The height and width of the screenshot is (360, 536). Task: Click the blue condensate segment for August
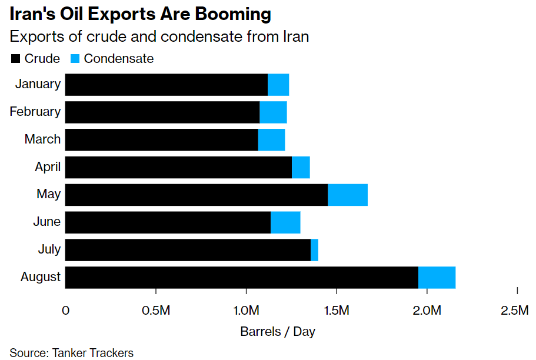click(x=437, y=277)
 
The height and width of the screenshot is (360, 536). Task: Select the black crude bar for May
click(x=196, y=195)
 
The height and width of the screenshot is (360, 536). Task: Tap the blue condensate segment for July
click(x=314, y=250)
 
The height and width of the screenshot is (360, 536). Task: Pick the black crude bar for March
click(x=161, y=139)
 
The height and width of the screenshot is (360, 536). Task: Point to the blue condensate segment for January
click(x=278, y=85)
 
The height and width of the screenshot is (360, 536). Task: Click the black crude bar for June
click(x=168, y=222)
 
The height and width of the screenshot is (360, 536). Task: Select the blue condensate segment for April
click(x=301, y=167)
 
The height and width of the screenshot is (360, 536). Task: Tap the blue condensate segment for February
click(x=273, y=112)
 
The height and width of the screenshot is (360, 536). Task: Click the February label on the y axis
click(x=35, y=112)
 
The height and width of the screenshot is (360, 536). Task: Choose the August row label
click(x=41, y=277)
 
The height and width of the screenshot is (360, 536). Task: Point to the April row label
click(x=48, y=167)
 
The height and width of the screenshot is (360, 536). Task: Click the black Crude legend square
click(x=15, y=59)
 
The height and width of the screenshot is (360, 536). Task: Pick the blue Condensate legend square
click(x=75, y=59)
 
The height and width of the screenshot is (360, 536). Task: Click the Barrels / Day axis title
click(x=278, y=332)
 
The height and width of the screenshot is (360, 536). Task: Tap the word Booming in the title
click(x=226, y=14)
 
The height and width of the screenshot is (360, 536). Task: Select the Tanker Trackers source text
click(x=93, y=353)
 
